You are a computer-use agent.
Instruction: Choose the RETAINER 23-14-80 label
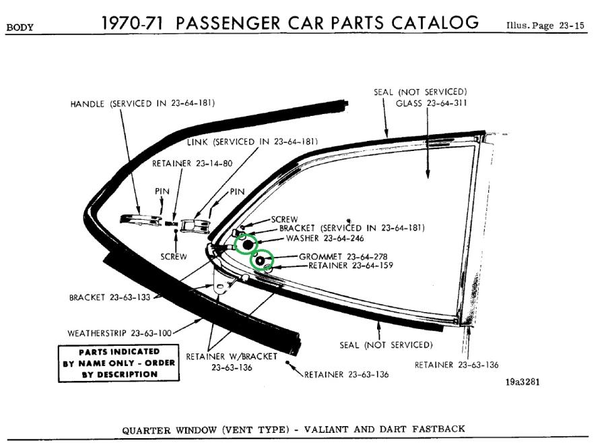183,163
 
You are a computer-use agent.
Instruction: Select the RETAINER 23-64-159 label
351,266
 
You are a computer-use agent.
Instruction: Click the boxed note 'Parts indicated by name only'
119,363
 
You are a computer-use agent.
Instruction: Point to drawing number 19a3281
523,382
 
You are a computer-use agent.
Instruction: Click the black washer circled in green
248,243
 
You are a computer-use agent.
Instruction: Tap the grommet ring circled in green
261,259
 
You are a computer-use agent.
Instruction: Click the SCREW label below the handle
174,256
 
